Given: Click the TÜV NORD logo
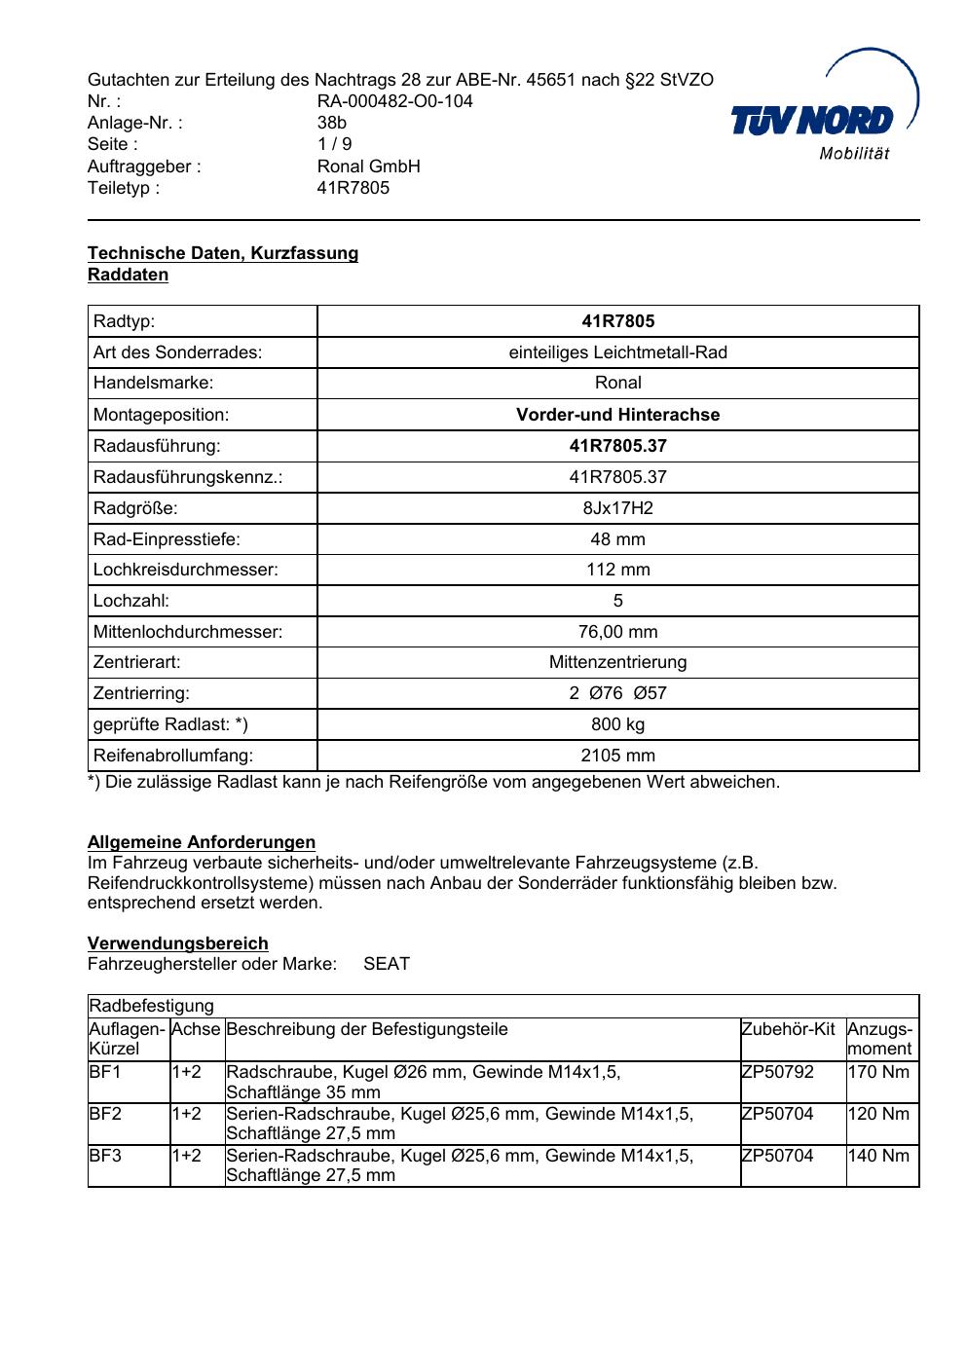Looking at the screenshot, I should tap(813, 120).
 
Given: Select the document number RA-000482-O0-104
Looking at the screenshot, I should tap(394, 101).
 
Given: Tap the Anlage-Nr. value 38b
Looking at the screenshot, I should tap(331, 123).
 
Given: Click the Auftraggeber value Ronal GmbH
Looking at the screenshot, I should tap(368, 166).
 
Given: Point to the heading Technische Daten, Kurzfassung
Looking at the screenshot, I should tap(223, 253).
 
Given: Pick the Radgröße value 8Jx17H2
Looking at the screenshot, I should tap(617, 508).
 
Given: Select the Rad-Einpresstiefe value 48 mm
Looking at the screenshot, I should tap(617, 539).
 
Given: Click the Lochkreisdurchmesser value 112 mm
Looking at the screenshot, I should tap(617, 570).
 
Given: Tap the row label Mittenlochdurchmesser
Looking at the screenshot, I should tap(188, 632).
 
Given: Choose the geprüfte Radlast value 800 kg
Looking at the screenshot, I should tap(617, 724).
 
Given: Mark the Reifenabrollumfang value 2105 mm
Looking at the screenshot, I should tap(617, 756).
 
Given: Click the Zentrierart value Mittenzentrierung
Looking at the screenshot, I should tap(617, 662).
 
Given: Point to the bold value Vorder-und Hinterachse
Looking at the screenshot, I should tap(617, 415).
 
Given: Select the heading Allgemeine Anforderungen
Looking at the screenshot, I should tap(202, 842).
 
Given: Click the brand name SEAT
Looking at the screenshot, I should tap(387, 964).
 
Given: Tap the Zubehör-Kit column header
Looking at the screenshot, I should tap(788, 1029).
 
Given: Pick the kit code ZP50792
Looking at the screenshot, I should tap(777, 1072).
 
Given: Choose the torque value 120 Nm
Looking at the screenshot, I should tap(878, 1114).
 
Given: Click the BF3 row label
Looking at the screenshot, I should tap(105, 1156).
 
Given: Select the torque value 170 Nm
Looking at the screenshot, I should tap(878, 1072).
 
